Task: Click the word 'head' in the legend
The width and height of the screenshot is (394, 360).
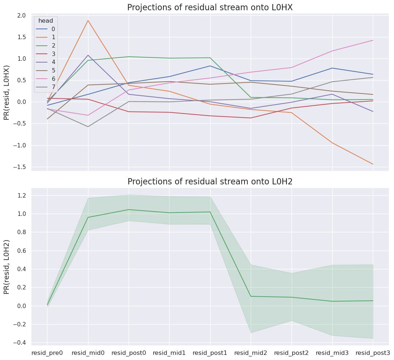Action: [46, 21]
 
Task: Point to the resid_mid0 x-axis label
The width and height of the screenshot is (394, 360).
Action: [88, 353]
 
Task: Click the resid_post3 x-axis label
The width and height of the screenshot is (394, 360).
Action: [373, 353]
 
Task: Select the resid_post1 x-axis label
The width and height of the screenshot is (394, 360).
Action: [210, 353]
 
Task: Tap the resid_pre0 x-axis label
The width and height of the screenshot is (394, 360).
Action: [47, 353]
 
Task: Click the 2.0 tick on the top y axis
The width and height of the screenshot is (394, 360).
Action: [21, 15]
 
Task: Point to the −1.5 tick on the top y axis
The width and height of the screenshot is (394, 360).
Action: [20, 167]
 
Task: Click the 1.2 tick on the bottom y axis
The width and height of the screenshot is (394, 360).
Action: [21, 195]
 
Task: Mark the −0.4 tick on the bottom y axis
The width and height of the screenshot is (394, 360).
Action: [20, 343]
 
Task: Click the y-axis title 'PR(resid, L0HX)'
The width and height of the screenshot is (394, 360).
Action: [7, 93]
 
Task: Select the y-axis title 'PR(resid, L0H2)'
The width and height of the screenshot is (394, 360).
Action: [7, 267]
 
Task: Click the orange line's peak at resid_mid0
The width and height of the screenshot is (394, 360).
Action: [88, 20]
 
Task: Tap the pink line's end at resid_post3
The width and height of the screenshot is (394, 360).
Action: [373, 40]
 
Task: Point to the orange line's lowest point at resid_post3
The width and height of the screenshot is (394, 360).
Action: [373, 164]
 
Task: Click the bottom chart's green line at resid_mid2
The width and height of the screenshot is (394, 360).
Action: [251, 296]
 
